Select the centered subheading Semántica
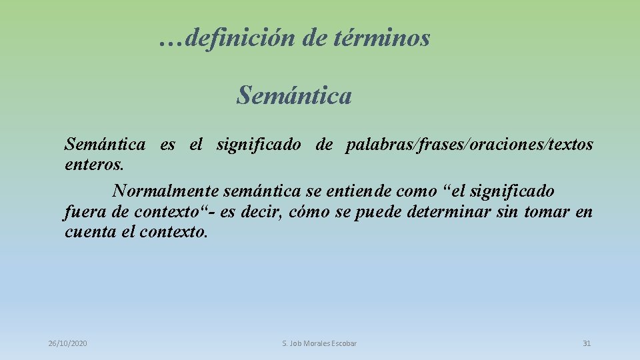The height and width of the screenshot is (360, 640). [293, 96]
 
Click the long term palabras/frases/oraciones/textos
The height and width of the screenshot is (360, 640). [469, 145]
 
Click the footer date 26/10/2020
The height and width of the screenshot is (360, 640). [67, 343]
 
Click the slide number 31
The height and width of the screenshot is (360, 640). [587, 343]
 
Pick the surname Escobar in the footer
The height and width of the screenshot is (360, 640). [343, 343]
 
